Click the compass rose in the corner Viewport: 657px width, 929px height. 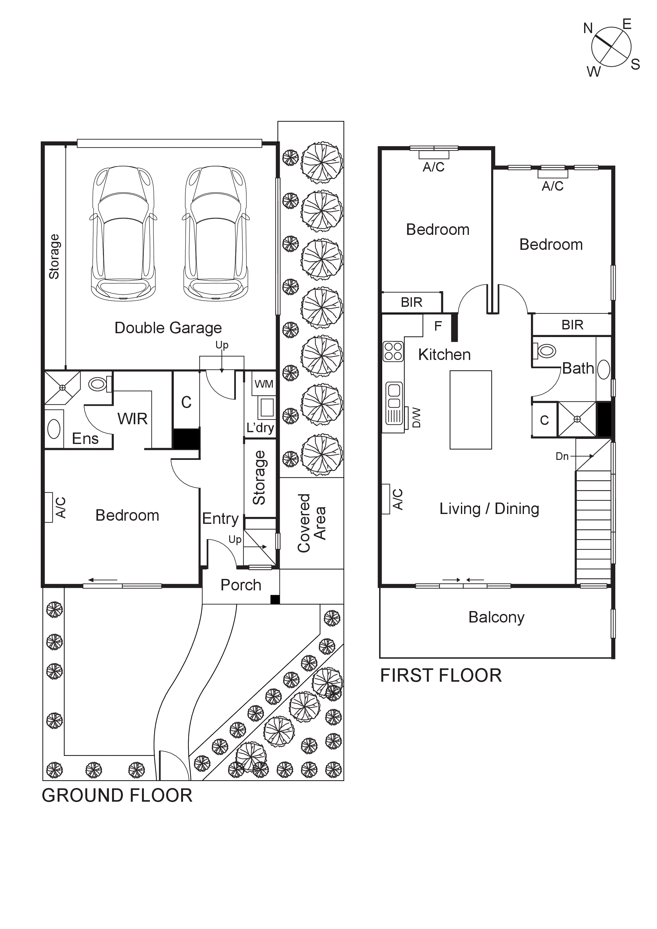point(611,47)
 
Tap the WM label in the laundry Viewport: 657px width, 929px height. point(264,384)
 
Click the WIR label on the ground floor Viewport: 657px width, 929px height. point(132,419)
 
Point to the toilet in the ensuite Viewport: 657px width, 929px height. point(98,384)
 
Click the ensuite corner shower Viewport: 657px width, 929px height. point(62,388)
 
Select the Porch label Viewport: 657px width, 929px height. point(240,585)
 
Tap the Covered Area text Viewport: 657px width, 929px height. point(311,523)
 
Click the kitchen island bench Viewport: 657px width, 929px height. point(470,410)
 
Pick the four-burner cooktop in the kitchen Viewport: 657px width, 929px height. point(393,351)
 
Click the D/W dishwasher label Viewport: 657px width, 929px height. point(416,418)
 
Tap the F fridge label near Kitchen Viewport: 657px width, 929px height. point(438,326)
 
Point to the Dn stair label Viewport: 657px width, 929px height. point(562,456)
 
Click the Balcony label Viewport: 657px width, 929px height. point(496,617)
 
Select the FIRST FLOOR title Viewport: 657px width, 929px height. point(441,676)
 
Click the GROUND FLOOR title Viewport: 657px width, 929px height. point(117,795)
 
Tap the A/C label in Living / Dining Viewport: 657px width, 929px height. point(398,499)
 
